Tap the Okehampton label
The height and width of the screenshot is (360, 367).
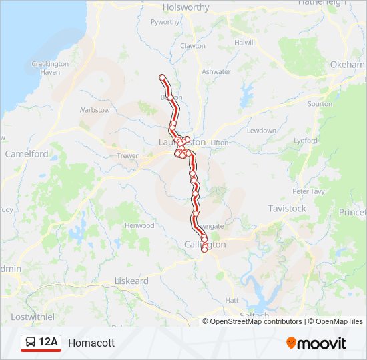click(x=348, y=65)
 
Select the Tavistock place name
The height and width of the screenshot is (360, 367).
click(x=286, y=209)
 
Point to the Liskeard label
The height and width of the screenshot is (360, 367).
click(x=131, y=281)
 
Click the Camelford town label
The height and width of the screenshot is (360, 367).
click(x=27, y=153)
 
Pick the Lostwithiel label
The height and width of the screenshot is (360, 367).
click(x=32, y=317)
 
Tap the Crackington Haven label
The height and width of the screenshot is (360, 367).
click(x=50, y=68)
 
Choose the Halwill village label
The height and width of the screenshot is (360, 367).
click(x=245, y=42)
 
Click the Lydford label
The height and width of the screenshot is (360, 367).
click(x=305, y=141)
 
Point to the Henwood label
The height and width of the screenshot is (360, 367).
click(x=139, y=226)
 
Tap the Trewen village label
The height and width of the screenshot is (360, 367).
click(x=128, y=156)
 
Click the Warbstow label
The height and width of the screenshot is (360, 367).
click(x=95, y=110)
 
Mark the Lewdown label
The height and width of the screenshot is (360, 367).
click(x=261, y=131)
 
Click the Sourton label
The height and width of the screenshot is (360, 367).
click(x=320, y=104)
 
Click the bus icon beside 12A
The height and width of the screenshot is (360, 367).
click(x=31, y=343)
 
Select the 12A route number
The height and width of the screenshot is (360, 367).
click(x=49, y=343)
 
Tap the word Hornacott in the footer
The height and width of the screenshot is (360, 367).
click(x=91, y=343)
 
